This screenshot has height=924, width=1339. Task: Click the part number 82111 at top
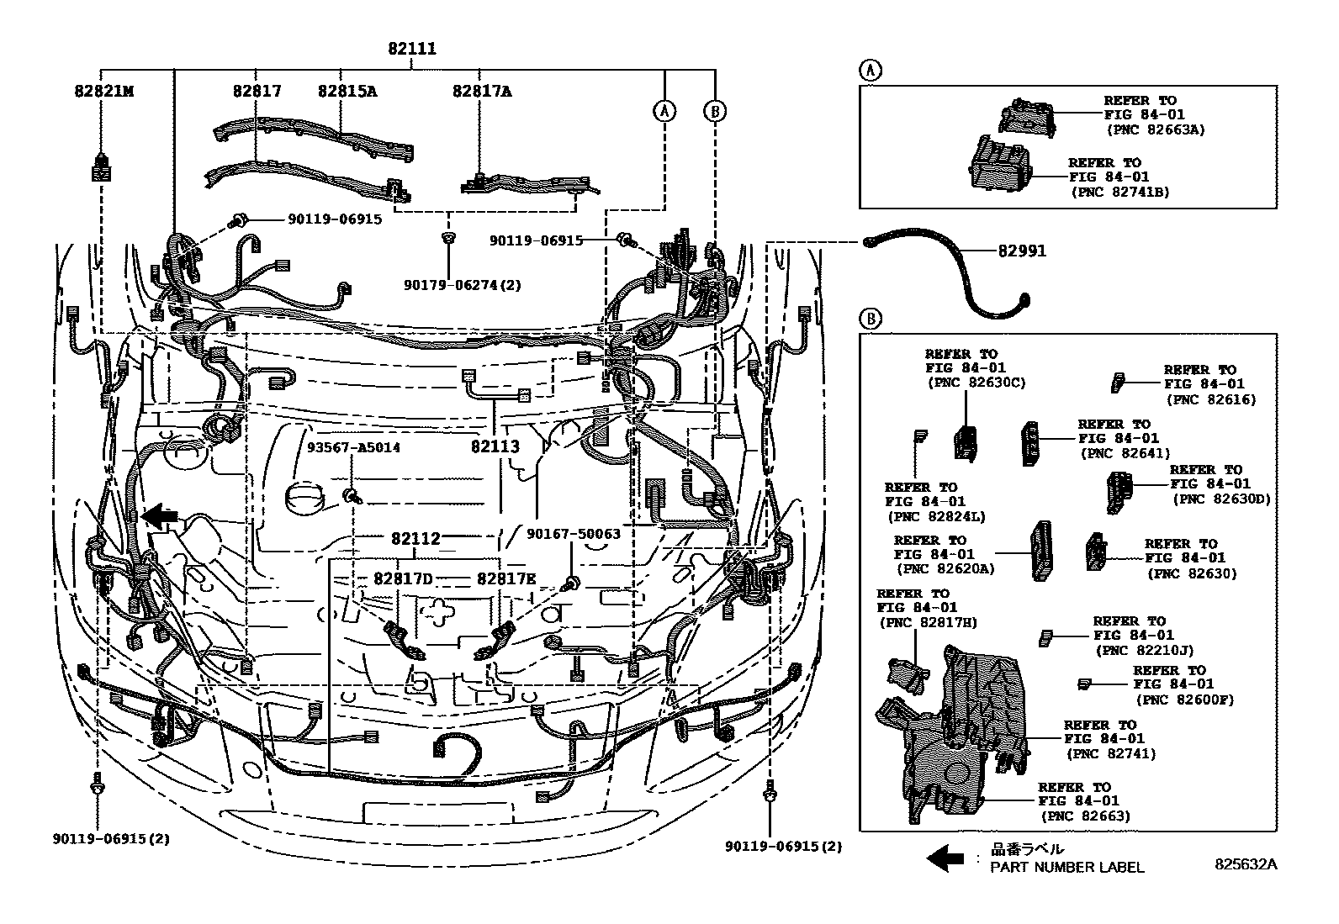tap(411, 49)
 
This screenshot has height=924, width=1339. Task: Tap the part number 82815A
tap(347, 91)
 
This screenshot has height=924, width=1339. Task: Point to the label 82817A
tap(481, 91)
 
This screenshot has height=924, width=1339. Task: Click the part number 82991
tap(1022, 251)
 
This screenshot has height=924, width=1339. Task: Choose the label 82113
tap(495, 446)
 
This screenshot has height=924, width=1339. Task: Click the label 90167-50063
tap(574, 533)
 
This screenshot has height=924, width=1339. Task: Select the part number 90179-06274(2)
tap(463, 285)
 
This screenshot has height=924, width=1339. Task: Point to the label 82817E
tap(506, 578)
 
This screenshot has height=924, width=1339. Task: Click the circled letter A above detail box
tap(871, 71)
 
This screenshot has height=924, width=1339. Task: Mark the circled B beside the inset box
tap(871, 319)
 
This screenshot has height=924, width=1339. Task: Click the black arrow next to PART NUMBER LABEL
tap(945, 858)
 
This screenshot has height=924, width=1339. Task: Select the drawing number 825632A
tap(1244, 863)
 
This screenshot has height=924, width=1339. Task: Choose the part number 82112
tap(415, 538)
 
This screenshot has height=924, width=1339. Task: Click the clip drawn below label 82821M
tap(101, 168)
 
